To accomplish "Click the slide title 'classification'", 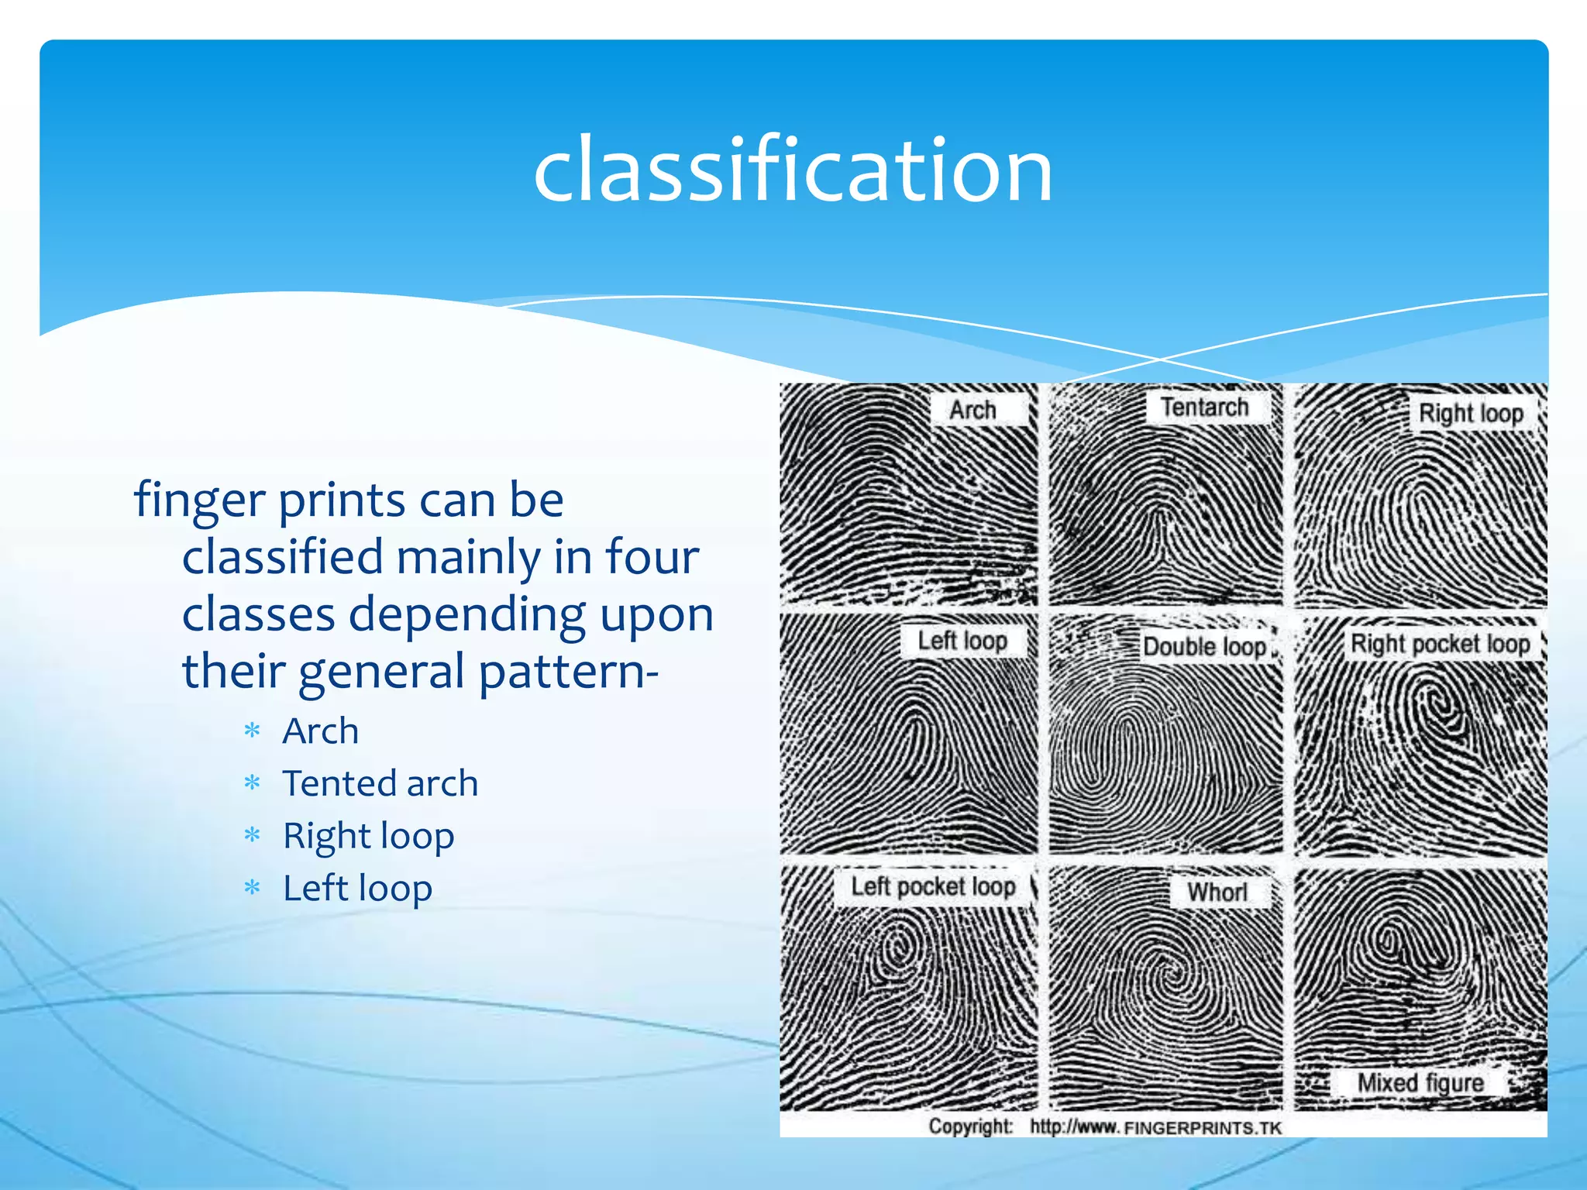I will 793,169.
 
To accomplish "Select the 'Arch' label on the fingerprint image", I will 973,410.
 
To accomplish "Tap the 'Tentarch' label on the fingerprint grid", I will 1204,407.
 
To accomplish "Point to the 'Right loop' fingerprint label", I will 1470,413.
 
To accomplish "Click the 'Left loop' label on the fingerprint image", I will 962,641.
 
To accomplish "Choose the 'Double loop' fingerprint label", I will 1204,646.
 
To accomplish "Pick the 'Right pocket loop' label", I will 1440,643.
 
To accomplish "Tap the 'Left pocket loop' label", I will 933,886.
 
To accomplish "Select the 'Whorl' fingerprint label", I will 1217,892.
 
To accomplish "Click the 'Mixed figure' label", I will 1420,1082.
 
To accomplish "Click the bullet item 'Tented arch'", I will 380,783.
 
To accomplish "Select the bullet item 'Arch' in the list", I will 320,731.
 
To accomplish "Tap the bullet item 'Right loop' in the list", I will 368,836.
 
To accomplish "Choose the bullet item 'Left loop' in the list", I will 357,888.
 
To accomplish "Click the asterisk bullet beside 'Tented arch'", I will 252,783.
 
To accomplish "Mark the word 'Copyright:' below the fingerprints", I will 970,1126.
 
